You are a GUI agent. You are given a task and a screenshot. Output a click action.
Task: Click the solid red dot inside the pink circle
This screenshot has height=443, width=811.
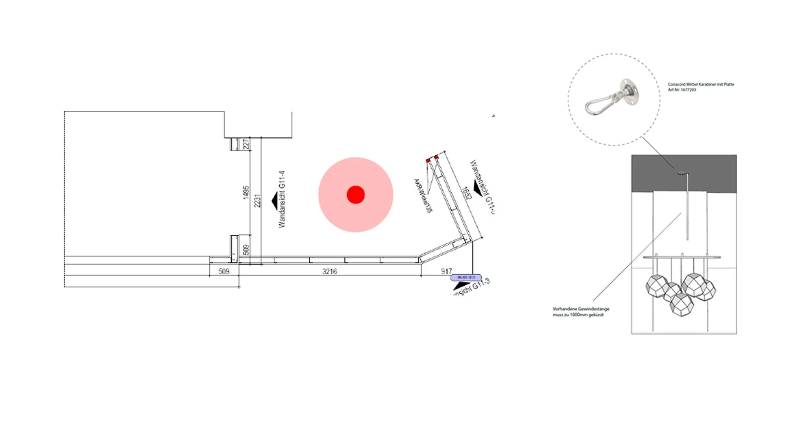point(356,195)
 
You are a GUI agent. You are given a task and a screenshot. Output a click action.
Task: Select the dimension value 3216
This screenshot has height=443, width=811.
point(329,271)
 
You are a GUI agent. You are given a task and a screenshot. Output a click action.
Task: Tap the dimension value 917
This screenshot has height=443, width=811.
point(446,271)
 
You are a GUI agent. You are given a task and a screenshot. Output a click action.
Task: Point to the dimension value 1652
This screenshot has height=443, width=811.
point(467,193)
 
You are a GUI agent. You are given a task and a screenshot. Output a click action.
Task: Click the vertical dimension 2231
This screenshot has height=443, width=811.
point(257,201)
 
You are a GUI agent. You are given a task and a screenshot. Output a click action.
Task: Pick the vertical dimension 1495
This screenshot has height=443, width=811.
point(246,193)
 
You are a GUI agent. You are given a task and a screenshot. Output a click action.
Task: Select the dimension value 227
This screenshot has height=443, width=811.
point(246,144)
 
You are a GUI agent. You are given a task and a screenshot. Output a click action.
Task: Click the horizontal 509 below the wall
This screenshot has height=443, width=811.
point(224,271)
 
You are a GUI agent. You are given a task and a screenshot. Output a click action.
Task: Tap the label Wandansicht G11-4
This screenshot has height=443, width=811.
point(282,199)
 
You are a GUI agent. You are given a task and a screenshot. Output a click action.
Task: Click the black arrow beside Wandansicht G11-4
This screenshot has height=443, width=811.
point(275,201)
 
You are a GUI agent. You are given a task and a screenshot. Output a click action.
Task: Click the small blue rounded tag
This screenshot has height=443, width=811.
point(466,277)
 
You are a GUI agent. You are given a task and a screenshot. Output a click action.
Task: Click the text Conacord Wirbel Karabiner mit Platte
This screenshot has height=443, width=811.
point(701,84)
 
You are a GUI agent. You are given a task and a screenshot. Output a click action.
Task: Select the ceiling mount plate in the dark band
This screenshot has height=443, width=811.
point(682,173)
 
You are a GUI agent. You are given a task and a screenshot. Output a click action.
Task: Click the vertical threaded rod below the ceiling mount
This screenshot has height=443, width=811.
point(687,207)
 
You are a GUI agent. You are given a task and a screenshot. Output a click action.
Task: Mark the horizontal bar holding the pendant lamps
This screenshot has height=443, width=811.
point(681,257)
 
